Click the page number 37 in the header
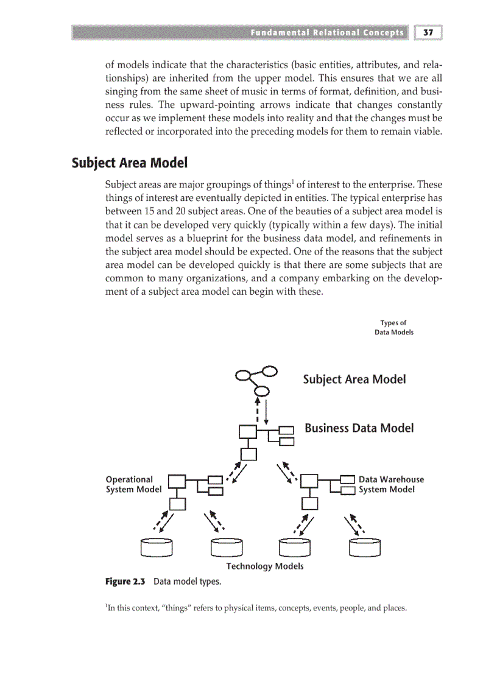(428, 32)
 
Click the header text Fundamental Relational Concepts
(326, 32)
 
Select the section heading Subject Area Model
(129, 163)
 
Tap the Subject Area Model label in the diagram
(354, 379)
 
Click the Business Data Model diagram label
(359, 428)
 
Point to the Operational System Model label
(133, 484)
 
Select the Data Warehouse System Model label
(391, 484)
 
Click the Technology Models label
(264, 566)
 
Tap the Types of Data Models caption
(393, 328)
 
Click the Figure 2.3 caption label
(125, 582)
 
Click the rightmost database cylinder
(365, 548)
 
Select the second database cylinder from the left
(227, 548)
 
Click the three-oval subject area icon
(257, 380)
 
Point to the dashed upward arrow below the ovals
(258, 411)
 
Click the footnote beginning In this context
(255, 608)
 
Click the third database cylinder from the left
(295, 548)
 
